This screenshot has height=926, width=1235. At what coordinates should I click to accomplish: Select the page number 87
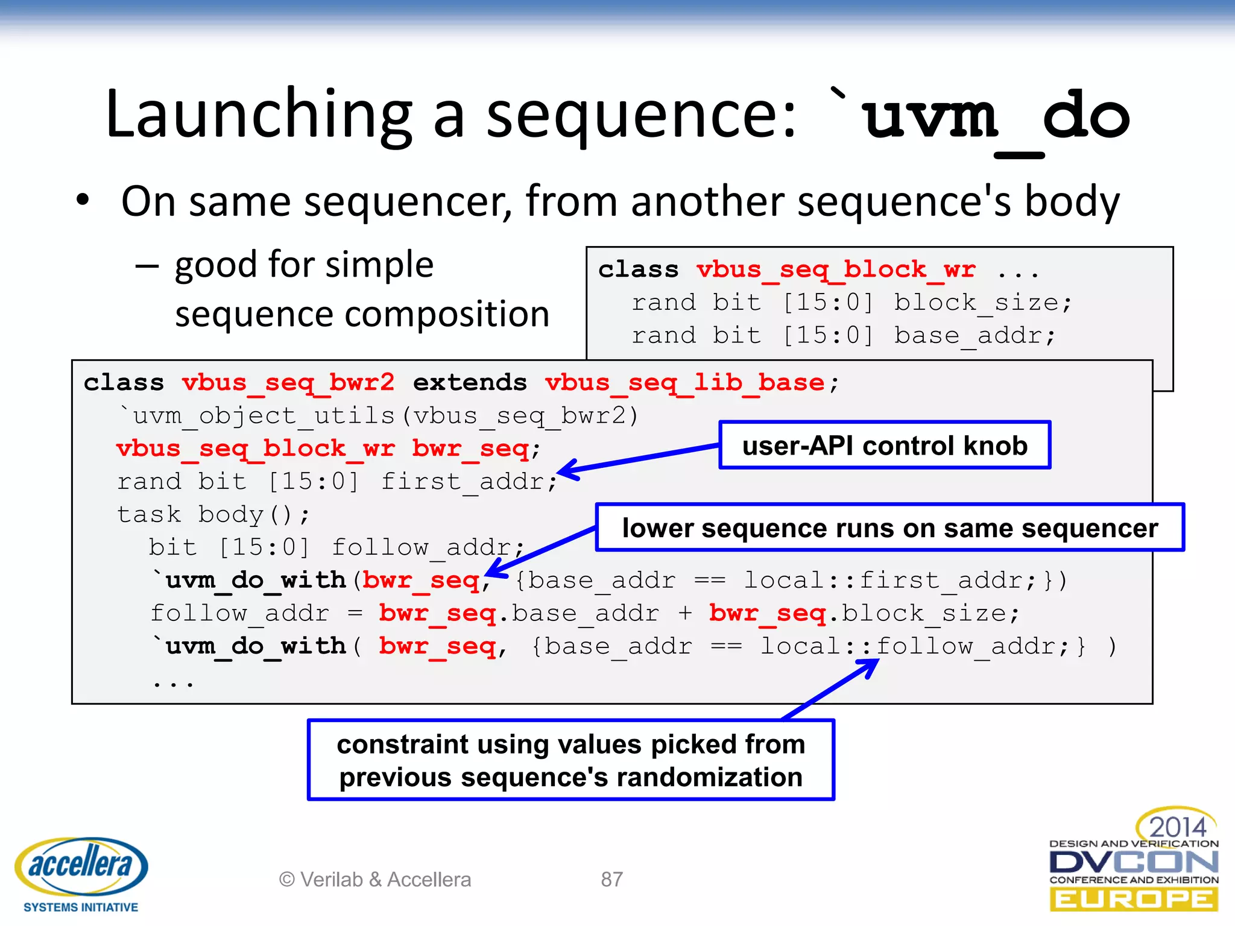(611, 880)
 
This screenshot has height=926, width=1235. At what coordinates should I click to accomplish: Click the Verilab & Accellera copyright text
(374, 880)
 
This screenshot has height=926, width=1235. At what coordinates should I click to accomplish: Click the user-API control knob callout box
(884, 446)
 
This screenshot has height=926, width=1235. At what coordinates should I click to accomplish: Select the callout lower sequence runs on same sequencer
(889, 528)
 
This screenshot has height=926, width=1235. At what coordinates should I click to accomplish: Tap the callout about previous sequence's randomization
(570, 760)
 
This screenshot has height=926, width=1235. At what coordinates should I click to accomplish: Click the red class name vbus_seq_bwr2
(288, 383)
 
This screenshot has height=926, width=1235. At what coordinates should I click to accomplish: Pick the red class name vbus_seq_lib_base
(684, 383)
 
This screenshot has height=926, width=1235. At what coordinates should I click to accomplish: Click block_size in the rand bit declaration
(976, 303)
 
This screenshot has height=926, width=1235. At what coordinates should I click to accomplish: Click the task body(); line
(213, 515)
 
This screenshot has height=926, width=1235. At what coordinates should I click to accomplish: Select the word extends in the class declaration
(470, 383)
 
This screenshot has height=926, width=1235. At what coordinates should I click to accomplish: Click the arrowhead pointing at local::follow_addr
(869, 666)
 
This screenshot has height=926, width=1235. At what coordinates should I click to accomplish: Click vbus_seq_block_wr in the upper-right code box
(835, 269)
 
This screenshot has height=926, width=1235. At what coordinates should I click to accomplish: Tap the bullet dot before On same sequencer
(83, 201)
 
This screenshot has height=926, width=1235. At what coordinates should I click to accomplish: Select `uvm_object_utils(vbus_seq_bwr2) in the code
(378, 416)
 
